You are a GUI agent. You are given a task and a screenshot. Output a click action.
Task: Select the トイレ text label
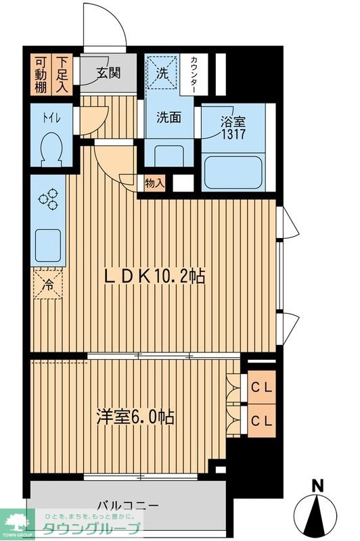(x=51, y=118)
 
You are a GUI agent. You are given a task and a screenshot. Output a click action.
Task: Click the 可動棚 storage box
(x=41, y=73)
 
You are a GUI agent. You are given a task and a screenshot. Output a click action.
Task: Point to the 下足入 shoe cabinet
(x=63, y=73)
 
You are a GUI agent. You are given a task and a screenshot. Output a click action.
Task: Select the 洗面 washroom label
(x=169, y=117)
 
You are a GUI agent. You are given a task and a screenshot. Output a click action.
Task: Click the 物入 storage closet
(x=154, y=183)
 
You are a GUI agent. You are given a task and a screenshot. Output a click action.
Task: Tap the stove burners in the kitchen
(x=48, y=200)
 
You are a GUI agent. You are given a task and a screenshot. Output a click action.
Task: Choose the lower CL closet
(x=263, y=420)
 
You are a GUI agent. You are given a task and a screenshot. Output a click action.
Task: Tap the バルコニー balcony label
(x=127, y=506)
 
